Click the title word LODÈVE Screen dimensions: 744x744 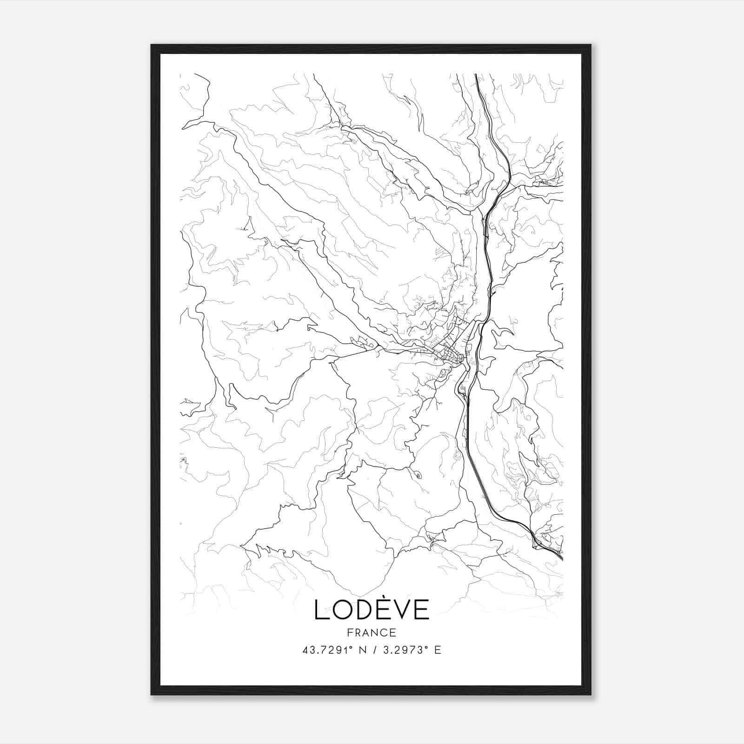point(372,609)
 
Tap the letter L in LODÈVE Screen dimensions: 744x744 point(321,610)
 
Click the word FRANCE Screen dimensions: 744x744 point(372,632)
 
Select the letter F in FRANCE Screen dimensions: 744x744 point(350,632)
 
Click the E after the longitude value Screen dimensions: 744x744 point(437,650)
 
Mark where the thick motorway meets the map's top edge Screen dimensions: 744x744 point(476,74)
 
